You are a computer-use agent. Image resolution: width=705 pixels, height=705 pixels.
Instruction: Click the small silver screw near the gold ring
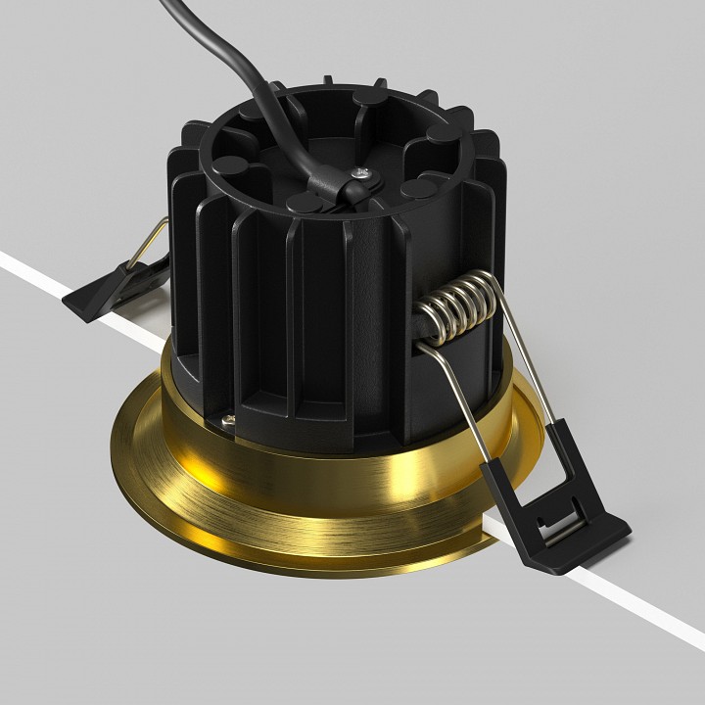(228, 420)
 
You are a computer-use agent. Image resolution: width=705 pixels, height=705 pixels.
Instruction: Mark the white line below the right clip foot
(646, 607)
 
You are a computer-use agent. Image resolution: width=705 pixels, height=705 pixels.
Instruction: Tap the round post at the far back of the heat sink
(367, 99)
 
